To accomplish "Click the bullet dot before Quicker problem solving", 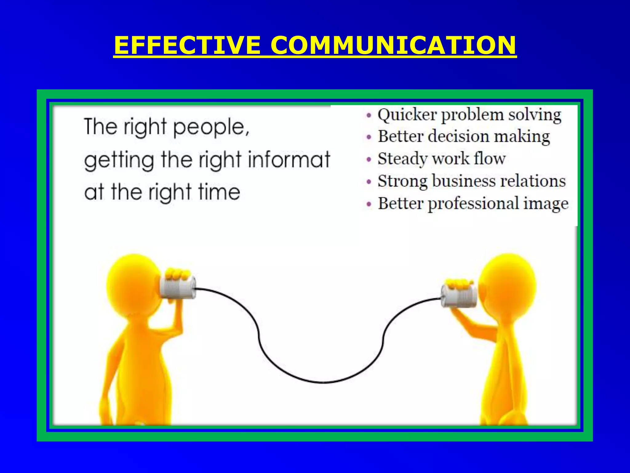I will pyautogui.click(x=369, y=116).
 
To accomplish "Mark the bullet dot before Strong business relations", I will pyautogui.click(x=369, y=182).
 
